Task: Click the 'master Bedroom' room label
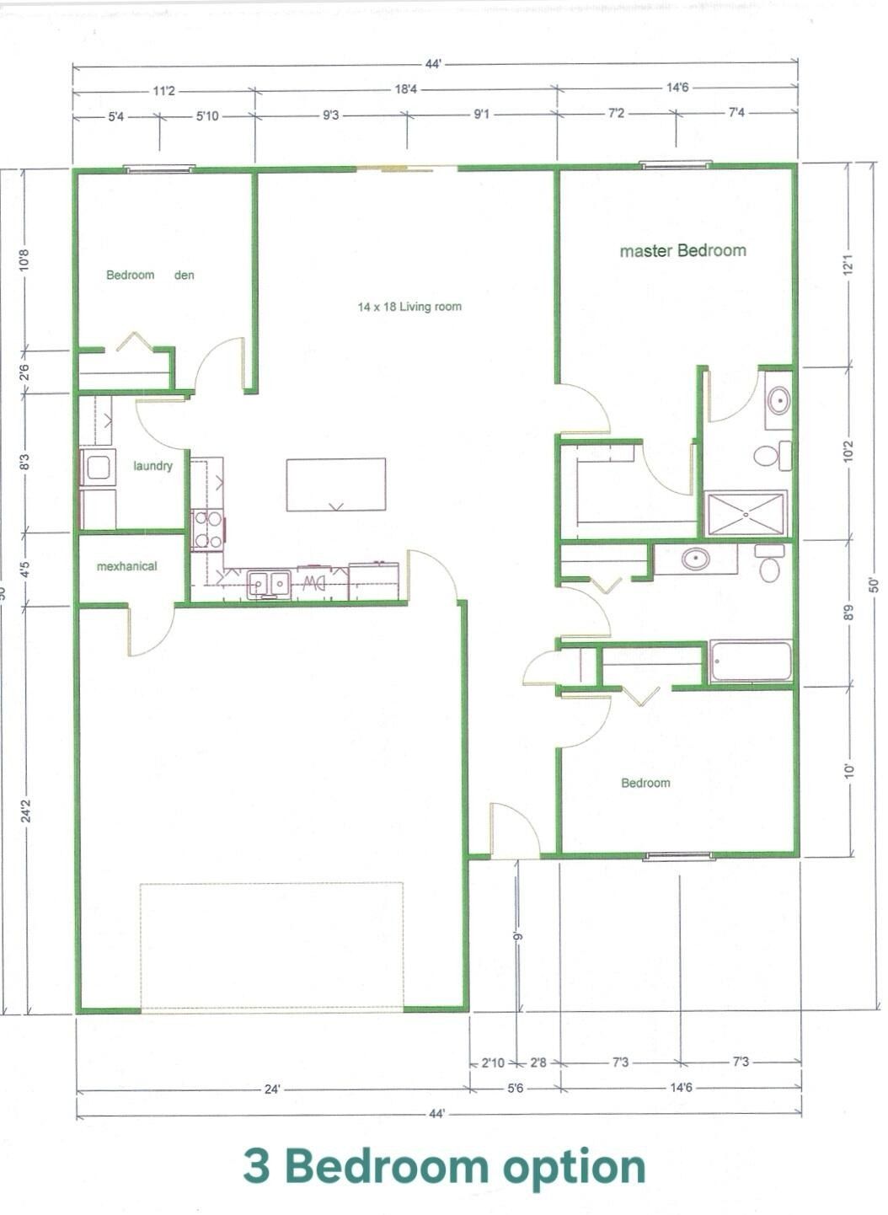coord(682,250)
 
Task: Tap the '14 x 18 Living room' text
coord(409,307)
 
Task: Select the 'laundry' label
coord(152,465)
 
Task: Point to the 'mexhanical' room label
coord(126,566)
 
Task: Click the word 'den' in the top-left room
coord(185,275)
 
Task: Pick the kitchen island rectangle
coord(335,484)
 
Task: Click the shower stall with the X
coord(746,513)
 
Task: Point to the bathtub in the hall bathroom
coord(751,661)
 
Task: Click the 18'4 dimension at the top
coord(406,89)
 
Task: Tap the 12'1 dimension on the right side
coord(848,265)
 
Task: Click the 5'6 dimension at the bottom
coord(515,1088)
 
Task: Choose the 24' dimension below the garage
coord(272,1089)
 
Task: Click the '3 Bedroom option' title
coord(444,1167)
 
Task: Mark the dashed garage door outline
coord(271,945)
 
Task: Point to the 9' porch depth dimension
coord(518,935)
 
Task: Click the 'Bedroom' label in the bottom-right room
coord(645,783)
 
